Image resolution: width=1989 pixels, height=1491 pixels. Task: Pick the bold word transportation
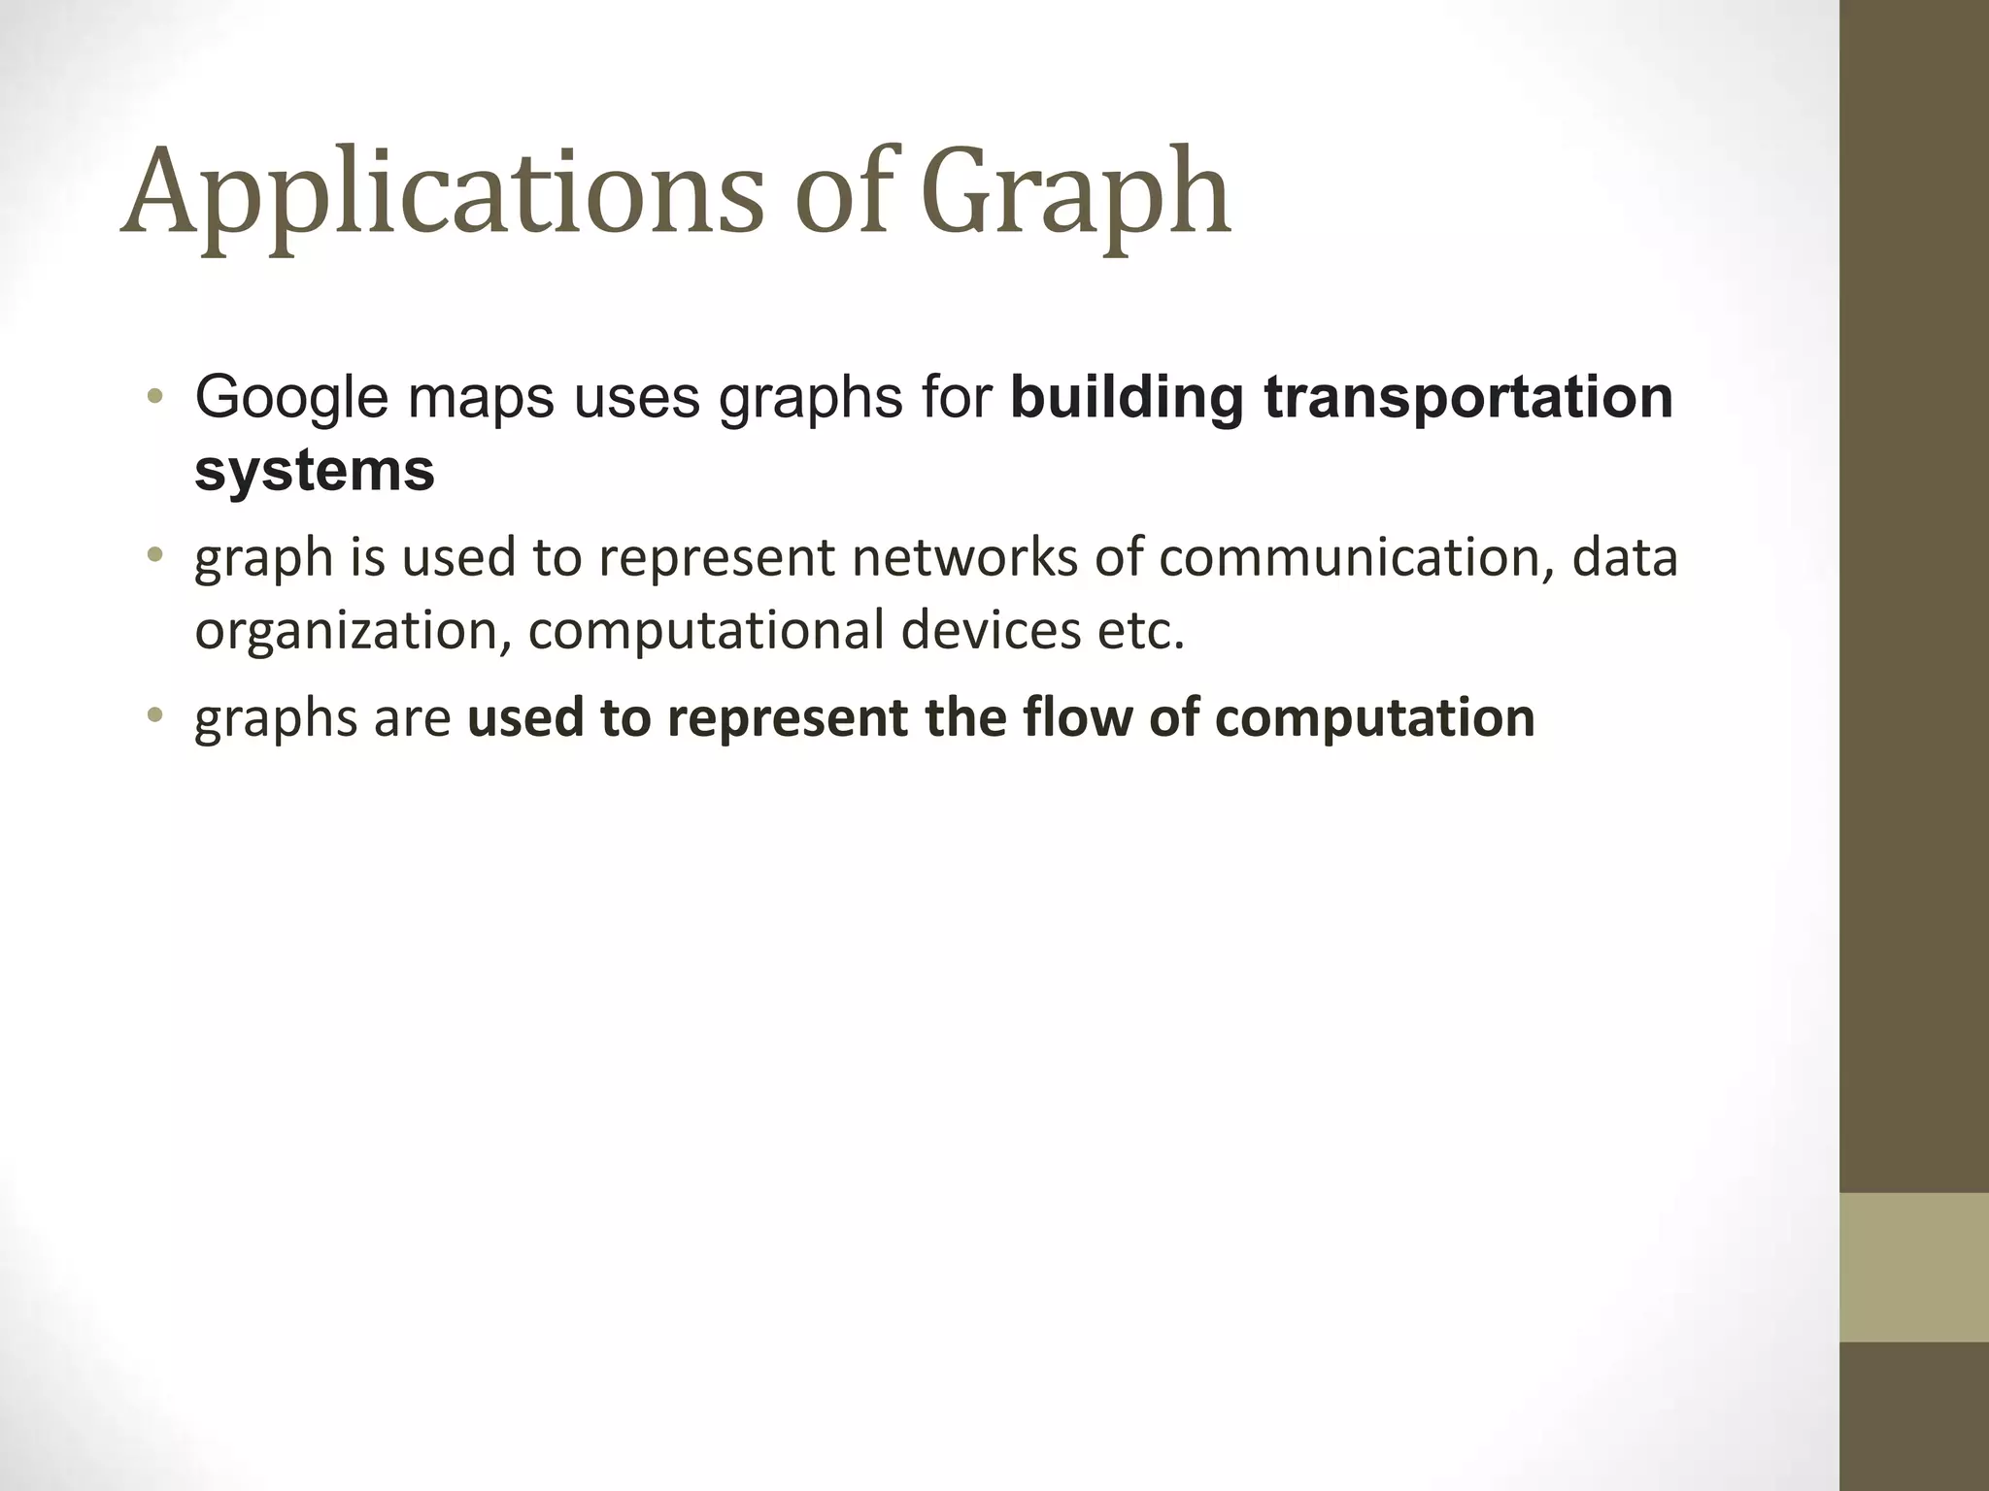[x=1468, y=397]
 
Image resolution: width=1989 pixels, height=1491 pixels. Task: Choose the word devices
[x=990, y=630]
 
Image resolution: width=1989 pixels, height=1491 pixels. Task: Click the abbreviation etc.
[x=1141, y=630]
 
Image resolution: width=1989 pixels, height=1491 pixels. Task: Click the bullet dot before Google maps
[x=153, y=397]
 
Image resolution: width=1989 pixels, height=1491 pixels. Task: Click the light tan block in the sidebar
[x=1913, y=1267]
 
